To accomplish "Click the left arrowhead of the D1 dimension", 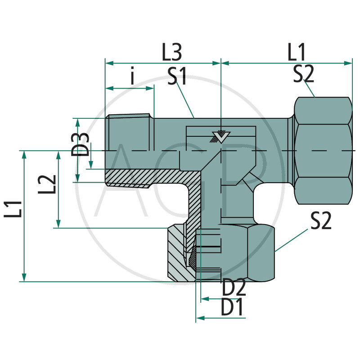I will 199,318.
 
